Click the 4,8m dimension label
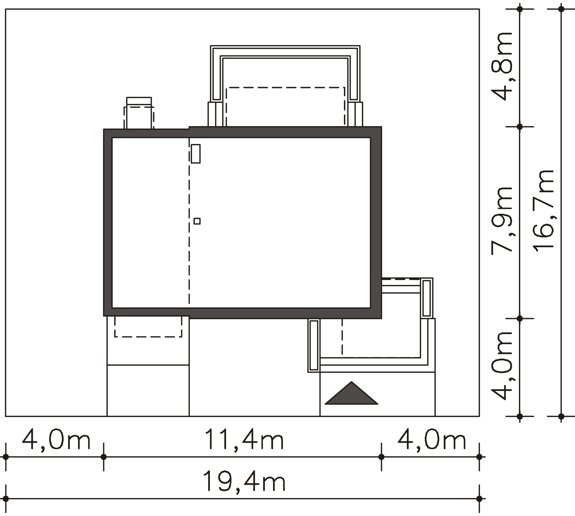502,66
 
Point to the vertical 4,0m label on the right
502,366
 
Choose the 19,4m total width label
244,482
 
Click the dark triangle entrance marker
351,393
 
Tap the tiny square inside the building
197,221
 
